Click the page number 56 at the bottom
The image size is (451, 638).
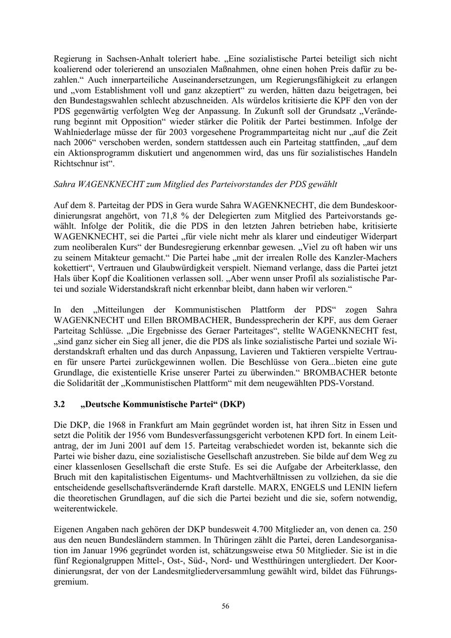tap(225, 606)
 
